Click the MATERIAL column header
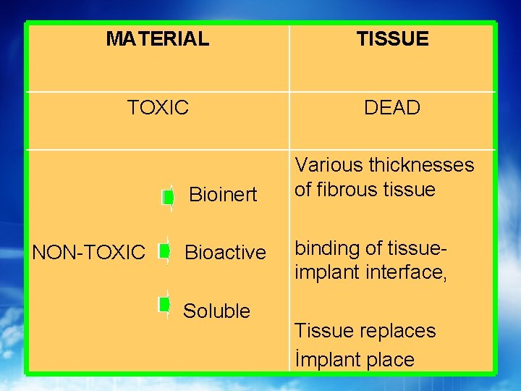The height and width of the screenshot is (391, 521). tap(157, 39)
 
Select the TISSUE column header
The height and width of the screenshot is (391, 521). tap(392, 39)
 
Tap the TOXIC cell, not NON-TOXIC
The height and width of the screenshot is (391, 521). tap(158, 108)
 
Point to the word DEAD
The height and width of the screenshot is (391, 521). tap(392, 108)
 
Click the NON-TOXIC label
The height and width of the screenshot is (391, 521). tap(89, 253)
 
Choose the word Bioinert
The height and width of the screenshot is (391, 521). tap(223, 195)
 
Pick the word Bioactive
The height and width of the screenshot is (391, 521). tap(226, 253)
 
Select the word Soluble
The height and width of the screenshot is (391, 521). tap(216, 311)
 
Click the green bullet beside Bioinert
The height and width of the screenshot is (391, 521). tap(167, 196)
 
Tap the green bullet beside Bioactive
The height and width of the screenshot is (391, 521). tap(165, 251)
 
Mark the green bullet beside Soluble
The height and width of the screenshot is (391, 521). tap(164, 303)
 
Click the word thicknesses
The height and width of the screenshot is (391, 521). tap(420, 165)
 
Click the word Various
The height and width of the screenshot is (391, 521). tap(329, 165)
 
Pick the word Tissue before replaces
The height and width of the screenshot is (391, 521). tap(326, 331)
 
